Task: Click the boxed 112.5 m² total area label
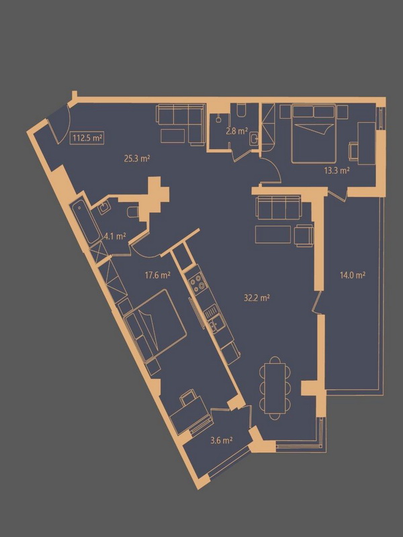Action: (x=88, y=138)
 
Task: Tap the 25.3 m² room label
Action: (x=137, y=158)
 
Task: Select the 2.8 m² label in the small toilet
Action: (x=237, y=131)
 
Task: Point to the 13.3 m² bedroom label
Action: (x=337, y=170)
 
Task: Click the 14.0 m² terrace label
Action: (x=352, y=275)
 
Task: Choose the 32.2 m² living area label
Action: (x=257, y=298)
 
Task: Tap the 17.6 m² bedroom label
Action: (x=158, y=275)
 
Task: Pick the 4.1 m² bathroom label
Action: (x=115, y=236)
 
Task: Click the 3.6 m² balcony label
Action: (x=222, y=440)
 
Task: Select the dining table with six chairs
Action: (x=275, y=388)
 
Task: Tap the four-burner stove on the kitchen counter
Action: (x=198, y=285)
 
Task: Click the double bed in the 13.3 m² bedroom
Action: (x=314, y=134)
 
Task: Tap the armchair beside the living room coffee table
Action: (x=304, y=236)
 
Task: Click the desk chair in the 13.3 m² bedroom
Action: (x=354, y=150)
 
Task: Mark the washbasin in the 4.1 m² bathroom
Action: (x=103, y=208)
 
